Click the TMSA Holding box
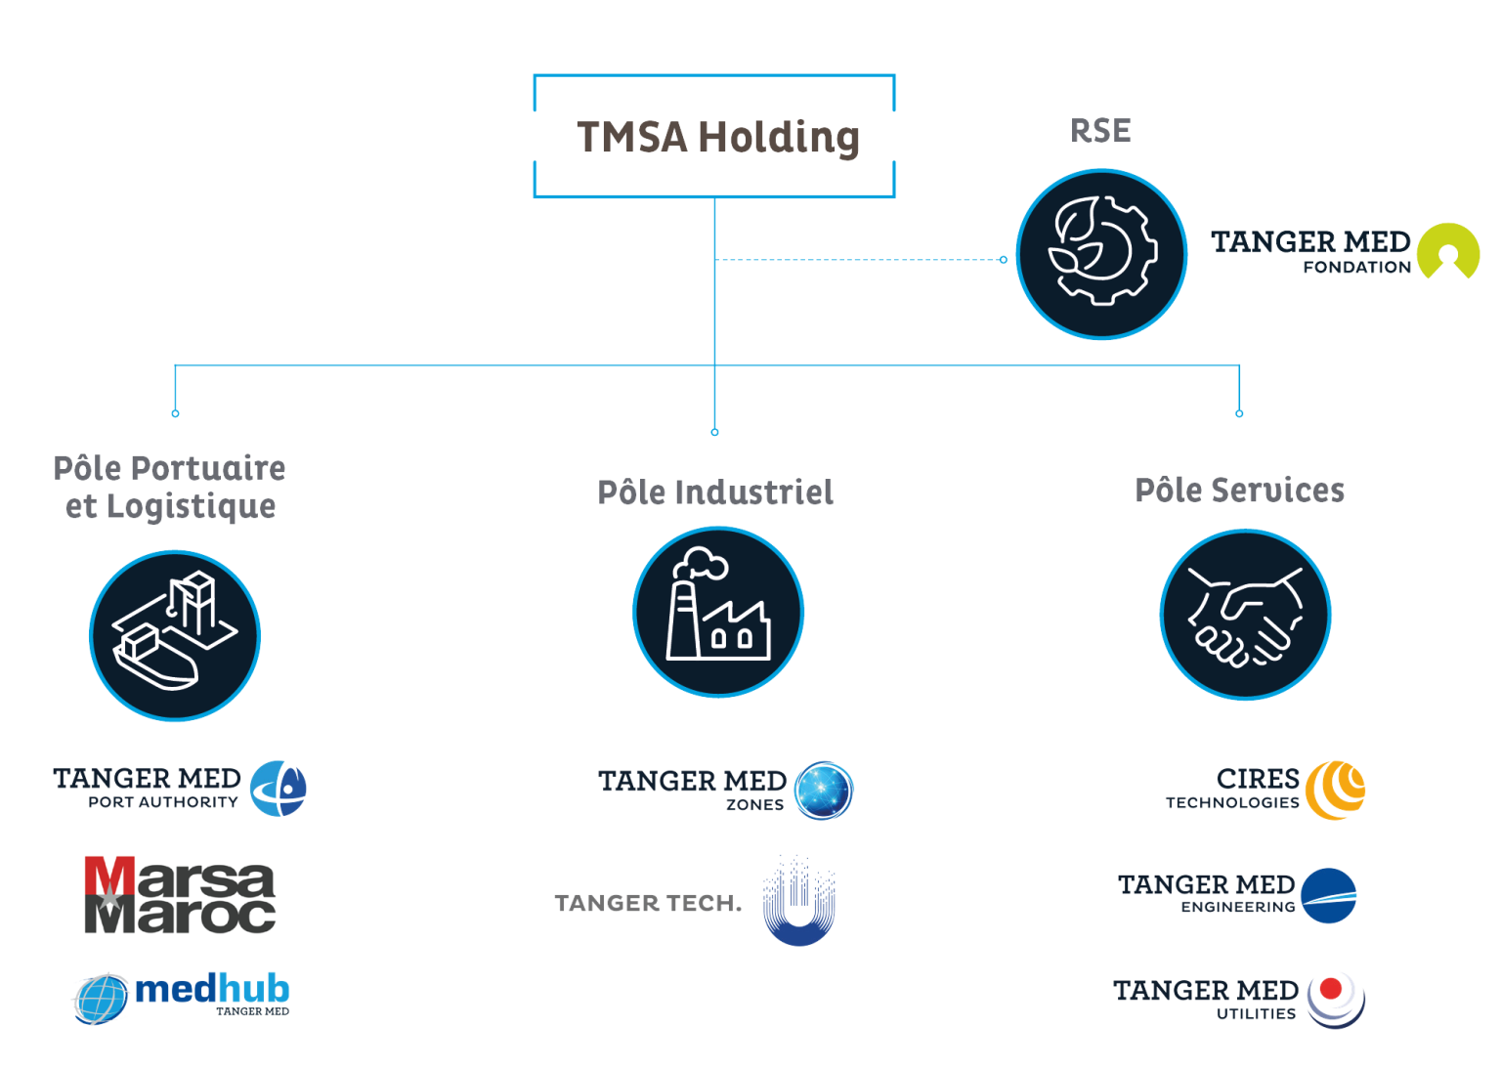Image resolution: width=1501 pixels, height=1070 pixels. click(x=714, y=136)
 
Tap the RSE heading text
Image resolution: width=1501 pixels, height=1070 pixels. click(x=1101, y=131)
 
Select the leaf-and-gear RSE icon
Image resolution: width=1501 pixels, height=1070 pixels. click(x=1101, y=254)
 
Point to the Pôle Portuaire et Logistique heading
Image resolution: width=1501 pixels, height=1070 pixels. click(x=170, y=487)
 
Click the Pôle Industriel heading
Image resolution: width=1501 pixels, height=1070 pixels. click(x=715, y=492)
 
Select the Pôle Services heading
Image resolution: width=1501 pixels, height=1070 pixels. click(x=1239, y=490)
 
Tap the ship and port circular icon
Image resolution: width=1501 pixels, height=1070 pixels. click(x=175, y=635)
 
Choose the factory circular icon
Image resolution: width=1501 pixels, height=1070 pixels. click(x=718, y=612)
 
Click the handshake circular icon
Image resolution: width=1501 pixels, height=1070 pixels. click(x=1245, y=615)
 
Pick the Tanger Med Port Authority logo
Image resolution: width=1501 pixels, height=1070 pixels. click(x=180, y=788)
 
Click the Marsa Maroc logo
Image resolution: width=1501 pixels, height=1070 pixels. click(x=179, y=895)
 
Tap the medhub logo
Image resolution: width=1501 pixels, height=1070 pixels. click(x=182, y=997)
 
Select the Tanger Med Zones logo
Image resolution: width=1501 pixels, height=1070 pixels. click(x=725, y=790)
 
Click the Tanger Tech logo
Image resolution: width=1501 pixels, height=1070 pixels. click(x=695, y=902)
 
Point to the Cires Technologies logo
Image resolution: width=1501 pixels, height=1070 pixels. click(x=1265, y=790)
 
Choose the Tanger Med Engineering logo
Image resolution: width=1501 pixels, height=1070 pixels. click(x=1237, y=894)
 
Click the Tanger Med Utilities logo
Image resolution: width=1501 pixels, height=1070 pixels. click(x=1238, y=999)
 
